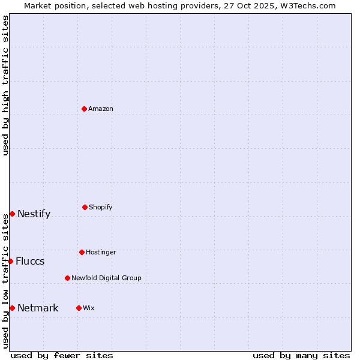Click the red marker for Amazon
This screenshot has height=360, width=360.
pos(85,109)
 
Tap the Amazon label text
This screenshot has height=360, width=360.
pos(100,109)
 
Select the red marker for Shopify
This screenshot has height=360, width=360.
pos(85,207)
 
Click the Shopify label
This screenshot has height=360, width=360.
pos(100,207)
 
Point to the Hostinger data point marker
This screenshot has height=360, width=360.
pos(82,252)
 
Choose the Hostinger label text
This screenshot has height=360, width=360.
pos(101,252)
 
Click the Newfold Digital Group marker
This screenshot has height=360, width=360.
pos(67,278)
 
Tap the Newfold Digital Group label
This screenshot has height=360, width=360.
pos(106,278)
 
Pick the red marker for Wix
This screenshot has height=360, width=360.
pos(79,308)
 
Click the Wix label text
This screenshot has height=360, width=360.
pos(88,308)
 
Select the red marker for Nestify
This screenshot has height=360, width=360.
pos(12,214)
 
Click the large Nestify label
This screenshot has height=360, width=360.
pos(34,214)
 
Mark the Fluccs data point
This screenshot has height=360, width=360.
pos(10,261)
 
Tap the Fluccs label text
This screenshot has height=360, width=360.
pos(30,261)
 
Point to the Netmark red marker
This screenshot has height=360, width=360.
pos(12,308)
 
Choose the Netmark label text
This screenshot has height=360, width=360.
pos(38,308)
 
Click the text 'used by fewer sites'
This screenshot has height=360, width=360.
pos(62,355)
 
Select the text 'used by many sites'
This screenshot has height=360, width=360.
pos(301,355)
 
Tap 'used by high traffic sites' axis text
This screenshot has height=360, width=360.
pos(5,85)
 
